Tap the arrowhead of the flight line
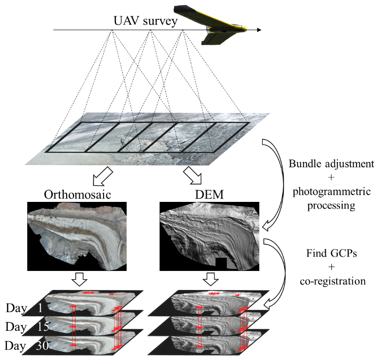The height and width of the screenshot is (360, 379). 259,30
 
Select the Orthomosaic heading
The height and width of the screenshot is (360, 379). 77,195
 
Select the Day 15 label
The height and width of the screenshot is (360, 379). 26,327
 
